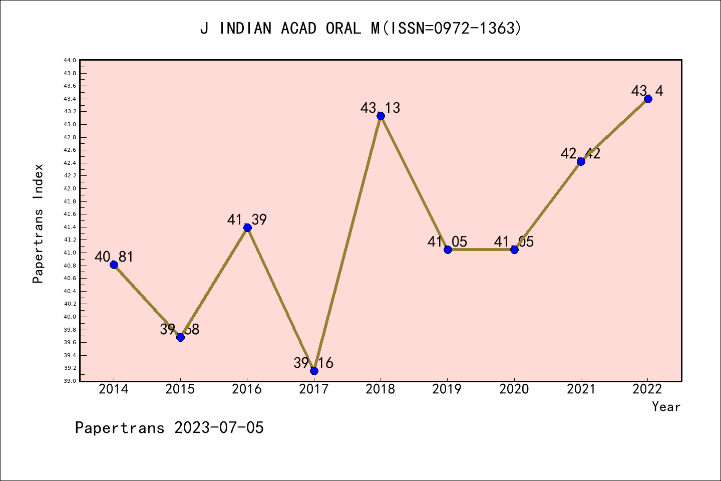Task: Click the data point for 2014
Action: coord(114,265)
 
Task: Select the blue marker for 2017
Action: coord(314,371)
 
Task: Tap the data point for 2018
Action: coord(381,116)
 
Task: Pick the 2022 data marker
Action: coord(648,99)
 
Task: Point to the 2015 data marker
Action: coord(180,337)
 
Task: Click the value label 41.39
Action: coord(247,219)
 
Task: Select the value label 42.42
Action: coord(580,153)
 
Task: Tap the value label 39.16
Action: coord(313,363)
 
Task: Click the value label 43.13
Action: coord(380,108)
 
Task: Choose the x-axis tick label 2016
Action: coord(247,389)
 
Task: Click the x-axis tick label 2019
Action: coord(447,389)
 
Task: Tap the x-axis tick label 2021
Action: coord(581,389)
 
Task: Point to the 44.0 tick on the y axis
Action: coord(70,60)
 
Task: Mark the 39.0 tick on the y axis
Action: coord(70,381)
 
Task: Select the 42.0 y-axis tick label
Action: coord(70,188)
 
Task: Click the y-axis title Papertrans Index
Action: coord(38,223)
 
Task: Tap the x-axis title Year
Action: coord(666,407)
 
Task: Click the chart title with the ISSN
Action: coord(360,28)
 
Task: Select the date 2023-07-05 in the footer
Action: coord(219,428)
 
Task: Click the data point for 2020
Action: coord(514,250)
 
